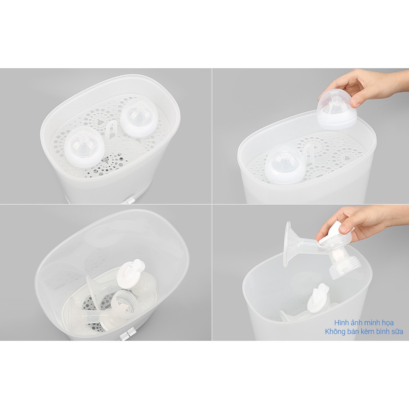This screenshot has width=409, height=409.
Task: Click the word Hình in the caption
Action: pyautogui.click(x=342, y=323)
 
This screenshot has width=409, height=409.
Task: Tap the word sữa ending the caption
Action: pyautogui.click(x=398, y=332)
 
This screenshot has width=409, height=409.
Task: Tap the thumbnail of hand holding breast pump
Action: pyautogui.click(x=311, y=273)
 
